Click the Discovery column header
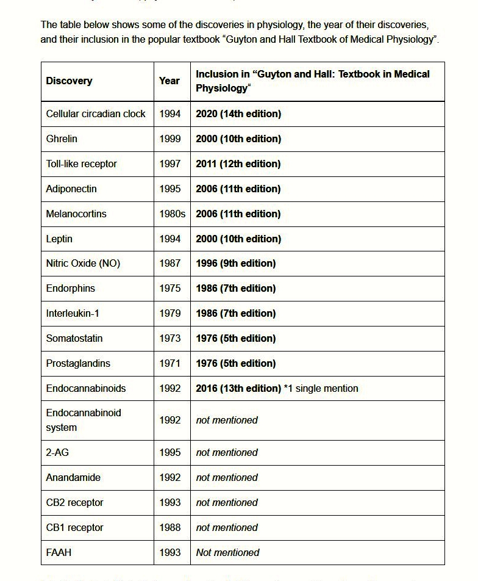[x=69, y=81]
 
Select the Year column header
[x=169, y=81]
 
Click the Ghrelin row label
[x=62, y=139]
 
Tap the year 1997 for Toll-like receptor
[x=169, y=164]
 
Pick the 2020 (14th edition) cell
[x=238, y=114]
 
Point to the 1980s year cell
[x=171, y=214]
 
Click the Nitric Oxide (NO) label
[x=83, y=263]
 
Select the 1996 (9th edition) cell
[x=235, y=263]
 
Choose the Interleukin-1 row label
[x=73, y=313]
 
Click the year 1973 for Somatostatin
[x=169, y=338]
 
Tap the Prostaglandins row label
[x=78, y=363]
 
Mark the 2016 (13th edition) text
[x=238, y=388]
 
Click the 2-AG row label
[x=58, y=452]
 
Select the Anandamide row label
[x=73, y=477]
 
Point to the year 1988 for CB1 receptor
[x=169, y=527]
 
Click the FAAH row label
[x=59, y=552]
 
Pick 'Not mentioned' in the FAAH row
[x=227, y=552]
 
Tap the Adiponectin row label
[x=71, y=189]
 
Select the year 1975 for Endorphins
[x=169, y=288]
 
